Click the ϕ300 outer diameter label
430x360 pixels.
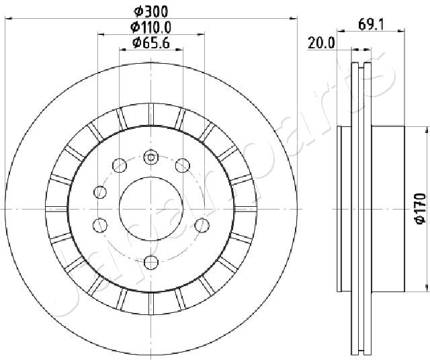click(x=150, y=11)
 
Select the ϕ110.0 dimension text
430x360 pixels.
click(x=150, y=27)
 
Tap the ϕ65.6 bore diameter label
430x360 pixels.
click(x=151, y=43)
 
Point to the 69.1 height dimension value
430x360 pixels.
click(x=371, y=25)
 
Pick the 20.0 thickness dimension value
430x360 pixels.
click(x=321, y=43)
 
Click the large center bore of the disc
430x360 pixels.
click(x=151, y=209)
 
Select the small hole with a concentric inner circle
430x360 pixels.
click(x=151, y=157)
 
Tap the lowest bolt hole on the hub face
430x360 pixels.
click(x=151, y=263)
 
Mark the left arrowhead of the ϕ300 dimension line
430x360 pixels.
click(x=9, y=18)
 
